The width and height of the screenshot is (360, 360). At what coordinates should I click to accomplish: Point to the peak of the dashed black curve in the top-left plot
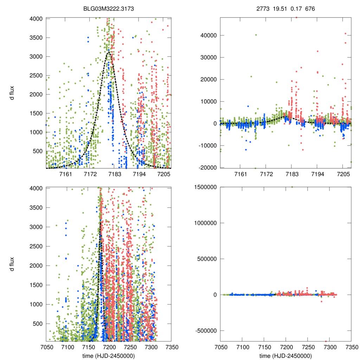pyautogui.click(x=109, y=52)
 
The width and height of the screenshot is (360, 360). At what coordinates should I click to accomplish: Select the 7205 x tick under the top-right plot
pyautogui.click(x=343, y=174)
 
